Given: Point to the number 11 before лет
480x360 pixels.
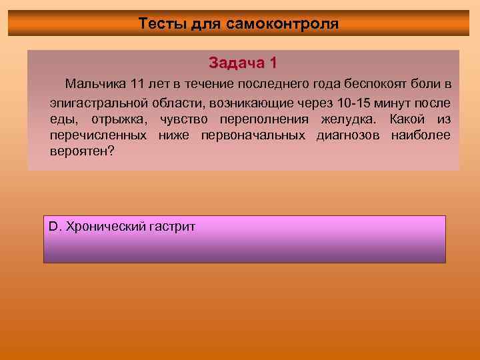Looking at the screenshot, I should tap(137, 85).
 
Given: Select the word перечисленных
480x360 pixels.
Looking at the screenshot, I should tap(98, 135).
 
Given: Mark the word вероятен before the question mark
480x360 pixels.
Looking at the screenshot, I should tap(79, 151).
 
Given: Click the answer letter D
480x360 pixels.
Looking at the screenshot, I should tap(53, 227).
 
